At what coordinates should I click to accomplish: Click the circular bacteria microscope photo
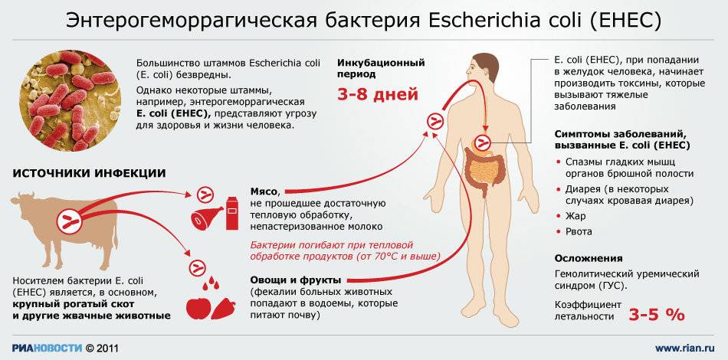pyautogui.click(x=70, y=100)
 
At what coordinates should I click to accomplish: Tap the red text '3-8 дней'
pyautogui.click(x=378, y=95)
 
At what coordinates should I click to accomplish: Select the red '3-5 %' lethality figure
pyautogui.click(x=657, y=315)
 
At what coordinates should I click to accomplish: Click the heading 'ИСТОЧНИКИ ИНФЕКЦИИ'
pyautogui.click(x=89, y=174)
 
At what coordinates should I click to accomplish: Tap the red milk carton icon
pyautogui.click(x=231, y=213)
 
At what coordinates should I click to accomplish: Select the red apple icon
pyautogui.click(x=199, y=308)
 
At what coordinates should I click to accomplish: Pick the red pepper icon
pyautogui.click(x=223, y=309)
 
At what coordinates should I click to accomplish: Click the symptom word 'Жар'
pyautogui.click(x=576, y=216)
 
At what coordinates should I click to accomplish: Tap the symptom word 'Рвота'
pyautogui.click(x=579, y=231)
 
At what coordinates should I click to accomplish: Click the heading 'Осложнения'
pyautogui.click(x=589, y=258)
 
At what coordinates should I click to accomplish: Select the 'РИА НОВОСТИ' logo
pyautogui.click(x=48, y=348)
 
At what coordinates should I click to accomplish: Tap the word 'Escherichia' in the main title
pyautogui.click(x=485, y=21)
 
